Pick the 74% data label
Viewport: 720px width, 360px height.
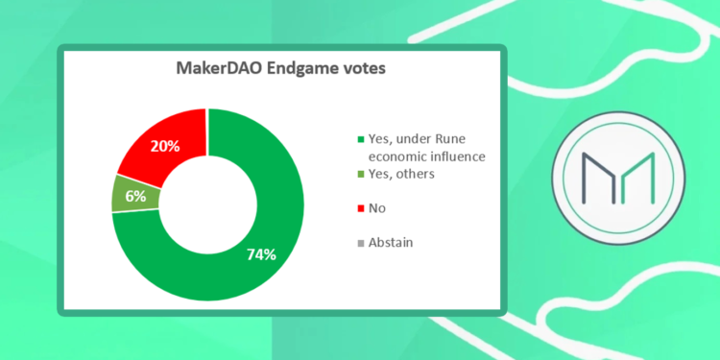pos(259,254)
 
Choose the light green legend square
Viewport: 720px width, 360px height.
pos(359,175)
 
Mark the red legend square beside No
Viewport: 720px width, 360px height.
pos(359,207)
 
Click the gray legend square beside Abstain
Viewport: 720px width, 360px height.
pos(359,243)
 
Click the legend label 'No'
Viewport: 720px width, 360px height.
pos(378,207)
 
